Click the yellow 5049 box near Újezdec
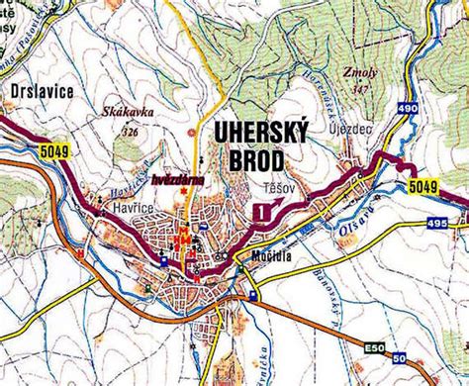click(x=422, y=185)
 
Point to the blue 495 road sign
click(x=435, y=226)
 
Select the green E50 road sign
click(x=373, y=347)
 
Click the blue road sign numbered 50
click(x=399, y=357)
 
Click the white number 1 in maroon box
click(x=260, y=211)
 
